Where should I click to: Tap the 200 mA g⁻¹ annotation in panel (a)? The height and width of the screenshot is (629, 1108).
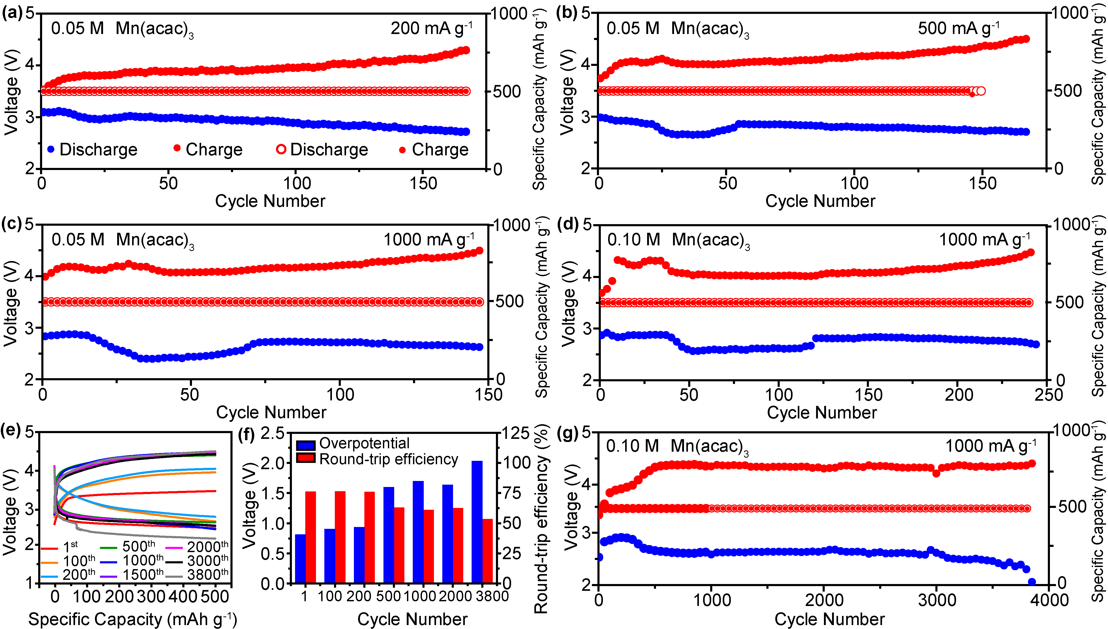click(x=431, y=29)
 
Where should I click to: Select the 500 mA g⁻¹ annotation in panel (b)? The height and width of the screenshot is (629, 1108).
click(x=958, y=29)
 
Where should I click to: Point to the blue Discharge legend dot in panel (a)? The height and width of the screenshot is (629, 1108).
click(x=51, y=150)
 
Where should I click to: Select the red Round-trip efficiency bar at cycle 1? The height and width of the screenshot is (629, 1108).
click(x=310, y=537)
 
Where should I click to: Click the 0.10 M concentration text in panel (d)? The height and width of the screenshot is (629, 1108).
click(x=634, y=240)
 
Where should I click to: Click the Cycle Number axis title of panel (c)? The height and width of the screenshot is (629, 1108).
click(x=271, y=412)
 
